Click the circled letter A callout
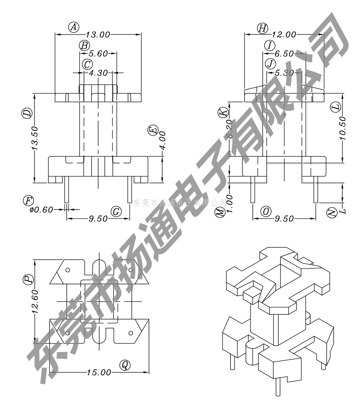click(x=74, y=27)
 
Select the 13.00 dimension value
click(x=98, y=34)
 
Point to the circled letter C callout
click(x=87, y=64)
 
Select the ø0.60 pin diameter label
click(x=41, y=209)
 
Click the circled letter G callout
click(x=116, y=211)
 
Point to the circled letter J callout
click(x=270, y=64)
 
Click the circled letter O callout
click(x=266, y=211)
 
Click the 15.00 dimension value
click(x=98, y=372)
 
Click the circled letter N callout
click(x=331, y=212)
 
